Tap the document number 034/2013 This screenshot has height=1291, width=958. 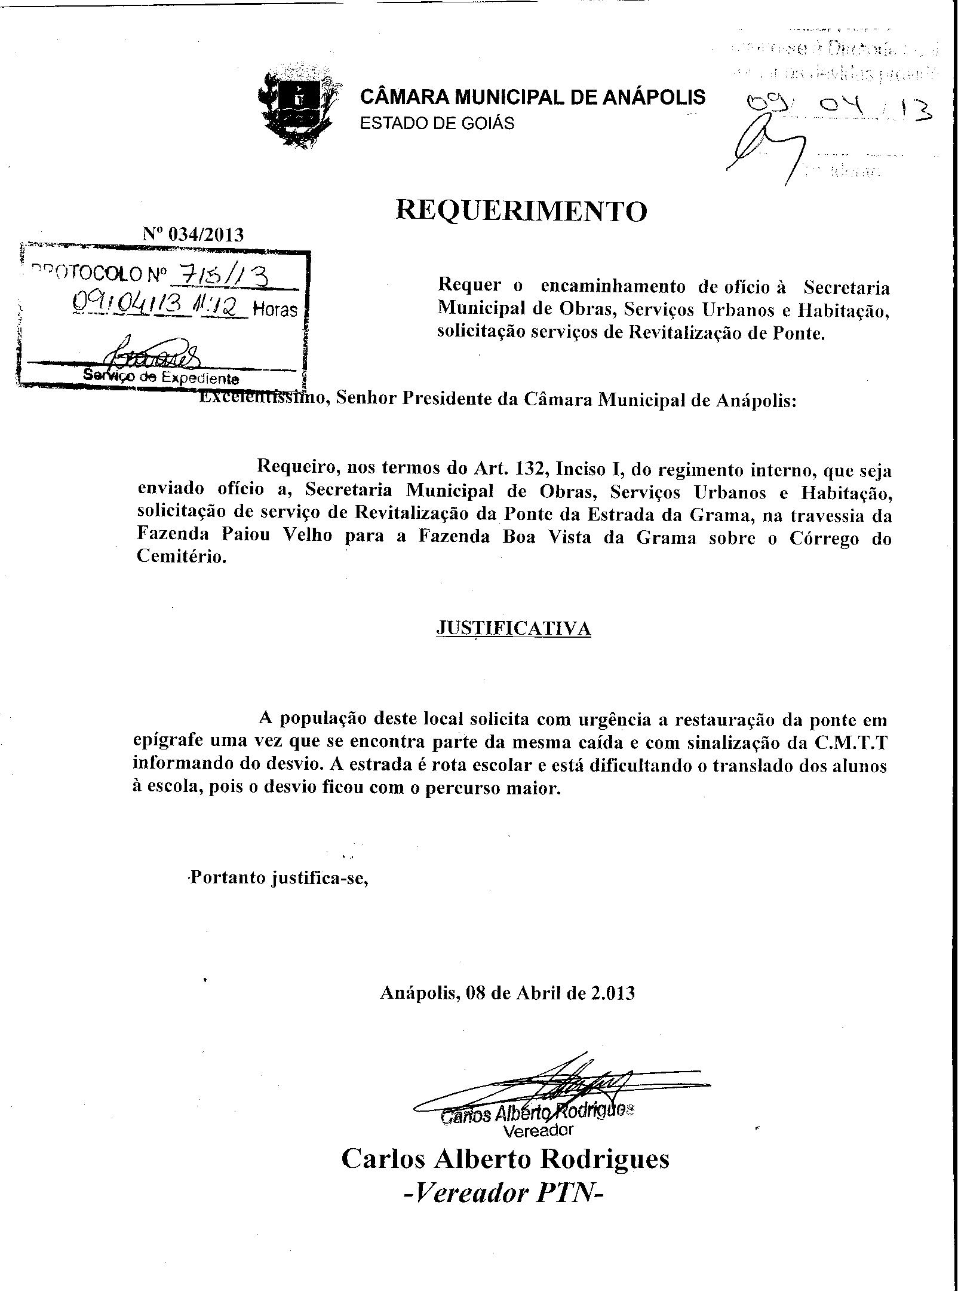coord(207,234)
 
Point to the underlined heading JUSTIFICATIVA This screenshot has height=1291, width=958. coord(514,628)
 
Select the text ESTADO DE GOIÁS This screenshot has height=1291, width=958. coord(437,124)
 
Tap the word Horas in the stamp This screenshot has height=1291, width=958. coord(275,310)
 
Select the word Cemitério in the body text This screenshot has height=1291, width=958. coord(182,557)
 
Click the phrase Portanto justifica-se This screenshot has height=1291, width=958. coord(278,879)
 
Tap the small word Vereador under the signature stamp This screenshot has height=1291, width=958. coord(538,1130)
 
